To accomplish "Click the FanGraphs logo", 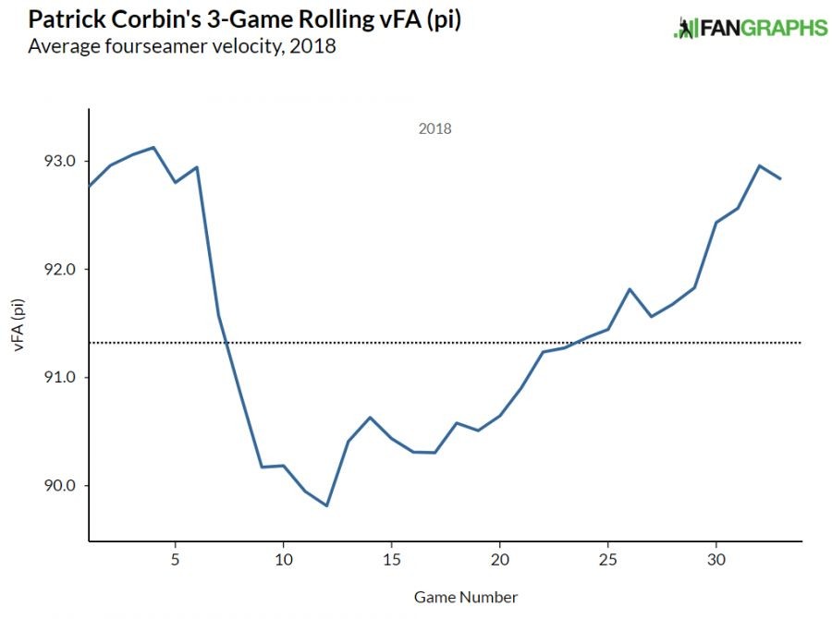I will coord(750,28).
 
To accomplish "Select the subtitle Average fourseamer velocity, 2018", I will coord(182,45).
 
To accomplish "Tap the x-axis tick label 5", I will coord(175,560).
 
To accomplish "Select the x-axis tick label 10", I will coord(283,560).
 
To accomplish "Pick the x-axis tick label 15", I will coord(392,560).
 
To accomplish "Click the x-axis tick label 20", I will coord(500,560).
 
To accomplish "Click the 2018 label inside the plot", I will coord(434,129).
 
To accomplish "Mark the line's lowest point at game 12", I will coord(326,505).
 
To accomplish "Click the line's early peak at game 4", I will coord(153,147).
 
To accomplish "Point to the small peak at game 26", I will coord(630,289).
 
